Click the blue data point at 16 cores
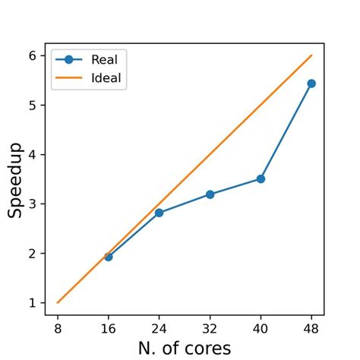pos(108,257)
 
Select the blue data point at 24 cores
pos(159,213)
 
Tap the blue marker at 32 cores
pos(210,194)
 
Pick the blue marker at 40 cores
pos(261,179)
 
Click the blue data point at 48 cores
pos(311,84)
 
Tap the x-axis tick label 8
pos(57,330)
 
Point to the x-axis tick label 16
pos(108,330)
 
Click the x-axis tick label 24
pos(159,330)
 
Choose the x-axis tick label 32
pos(210,330)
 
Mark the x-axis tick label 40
pos(261,330)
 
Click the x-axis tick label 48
pos(311,330)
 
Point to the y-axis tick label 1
pos(32,303)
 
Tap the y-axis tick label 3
pos(32,204)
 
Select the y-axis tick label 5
pos(32,105)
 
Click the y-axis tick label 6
pos(32,55)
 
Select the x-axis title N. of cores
pos(184,349)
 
